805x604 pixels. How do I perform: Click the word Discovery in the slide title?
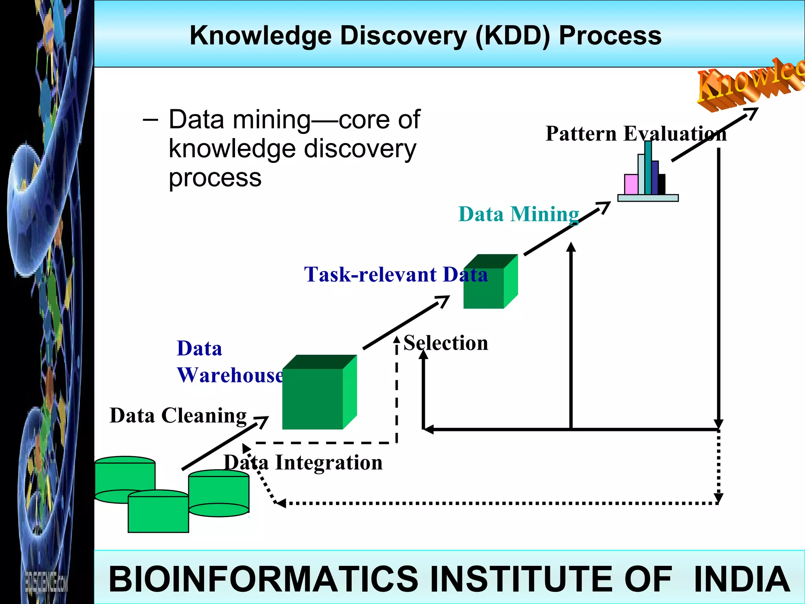coord(403,36)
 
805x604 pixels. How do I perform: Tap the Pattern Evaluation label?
coord(636,134)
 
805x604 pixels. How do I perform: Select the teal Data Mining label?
coord(518,214)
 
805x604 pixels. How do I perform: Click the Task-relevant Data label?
coord(395,274)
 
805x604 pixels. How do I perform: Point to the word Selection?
coord(446,343)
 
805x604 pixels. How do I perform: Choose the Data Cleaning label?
coord(178,416)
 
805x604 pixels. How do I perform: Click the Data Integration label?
coord(303,462)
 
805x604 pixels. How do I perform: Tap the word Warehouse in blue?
coord(230,375)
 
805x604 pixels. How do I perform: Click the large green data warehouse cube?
coord(312,398)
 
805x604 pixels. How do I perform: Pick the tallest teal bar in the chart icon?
coord(648,167)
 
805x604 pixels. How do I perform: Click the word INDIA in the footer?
coord(741,579)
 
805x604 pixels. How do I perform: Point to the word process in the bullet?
coord(215,178)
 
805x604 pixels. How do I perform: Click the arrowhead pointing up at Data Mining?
coord(571,247)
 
